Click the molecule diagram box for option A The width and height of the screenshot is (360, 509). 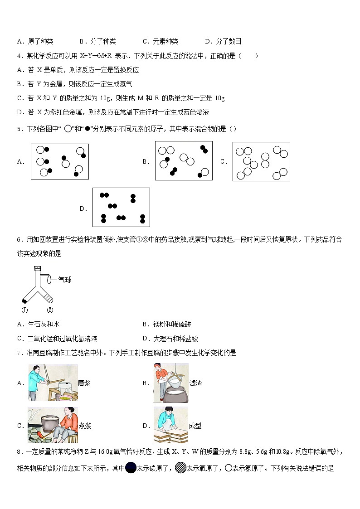point(59,161)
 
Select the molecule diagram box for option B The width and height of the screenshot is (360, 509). point(184,160)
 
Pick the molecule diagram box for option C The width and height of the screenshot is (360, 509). point(261,161)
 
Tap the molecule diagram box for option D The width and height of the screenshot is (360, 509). point(121,207)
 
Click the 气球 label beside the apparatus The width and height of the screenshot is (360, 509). point(65,280)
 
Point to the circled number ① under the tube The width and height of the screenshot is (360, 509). point(24,310)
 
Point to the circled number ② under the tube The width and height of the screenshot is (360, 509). point(50,310)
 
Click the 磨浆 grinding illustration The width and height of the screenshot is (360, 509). point(53,383)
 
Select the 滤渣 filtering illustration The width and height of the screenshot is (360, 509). point(171,383)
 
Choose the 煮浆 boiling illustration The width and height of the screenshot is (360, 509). point(53,425)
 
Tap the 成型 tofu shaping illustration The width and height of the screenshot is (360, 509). point(171,425)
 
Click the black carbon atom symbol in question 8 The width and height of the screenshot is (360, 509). point(131,468)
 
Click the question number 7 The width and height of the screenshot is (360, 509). point(19,353)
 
